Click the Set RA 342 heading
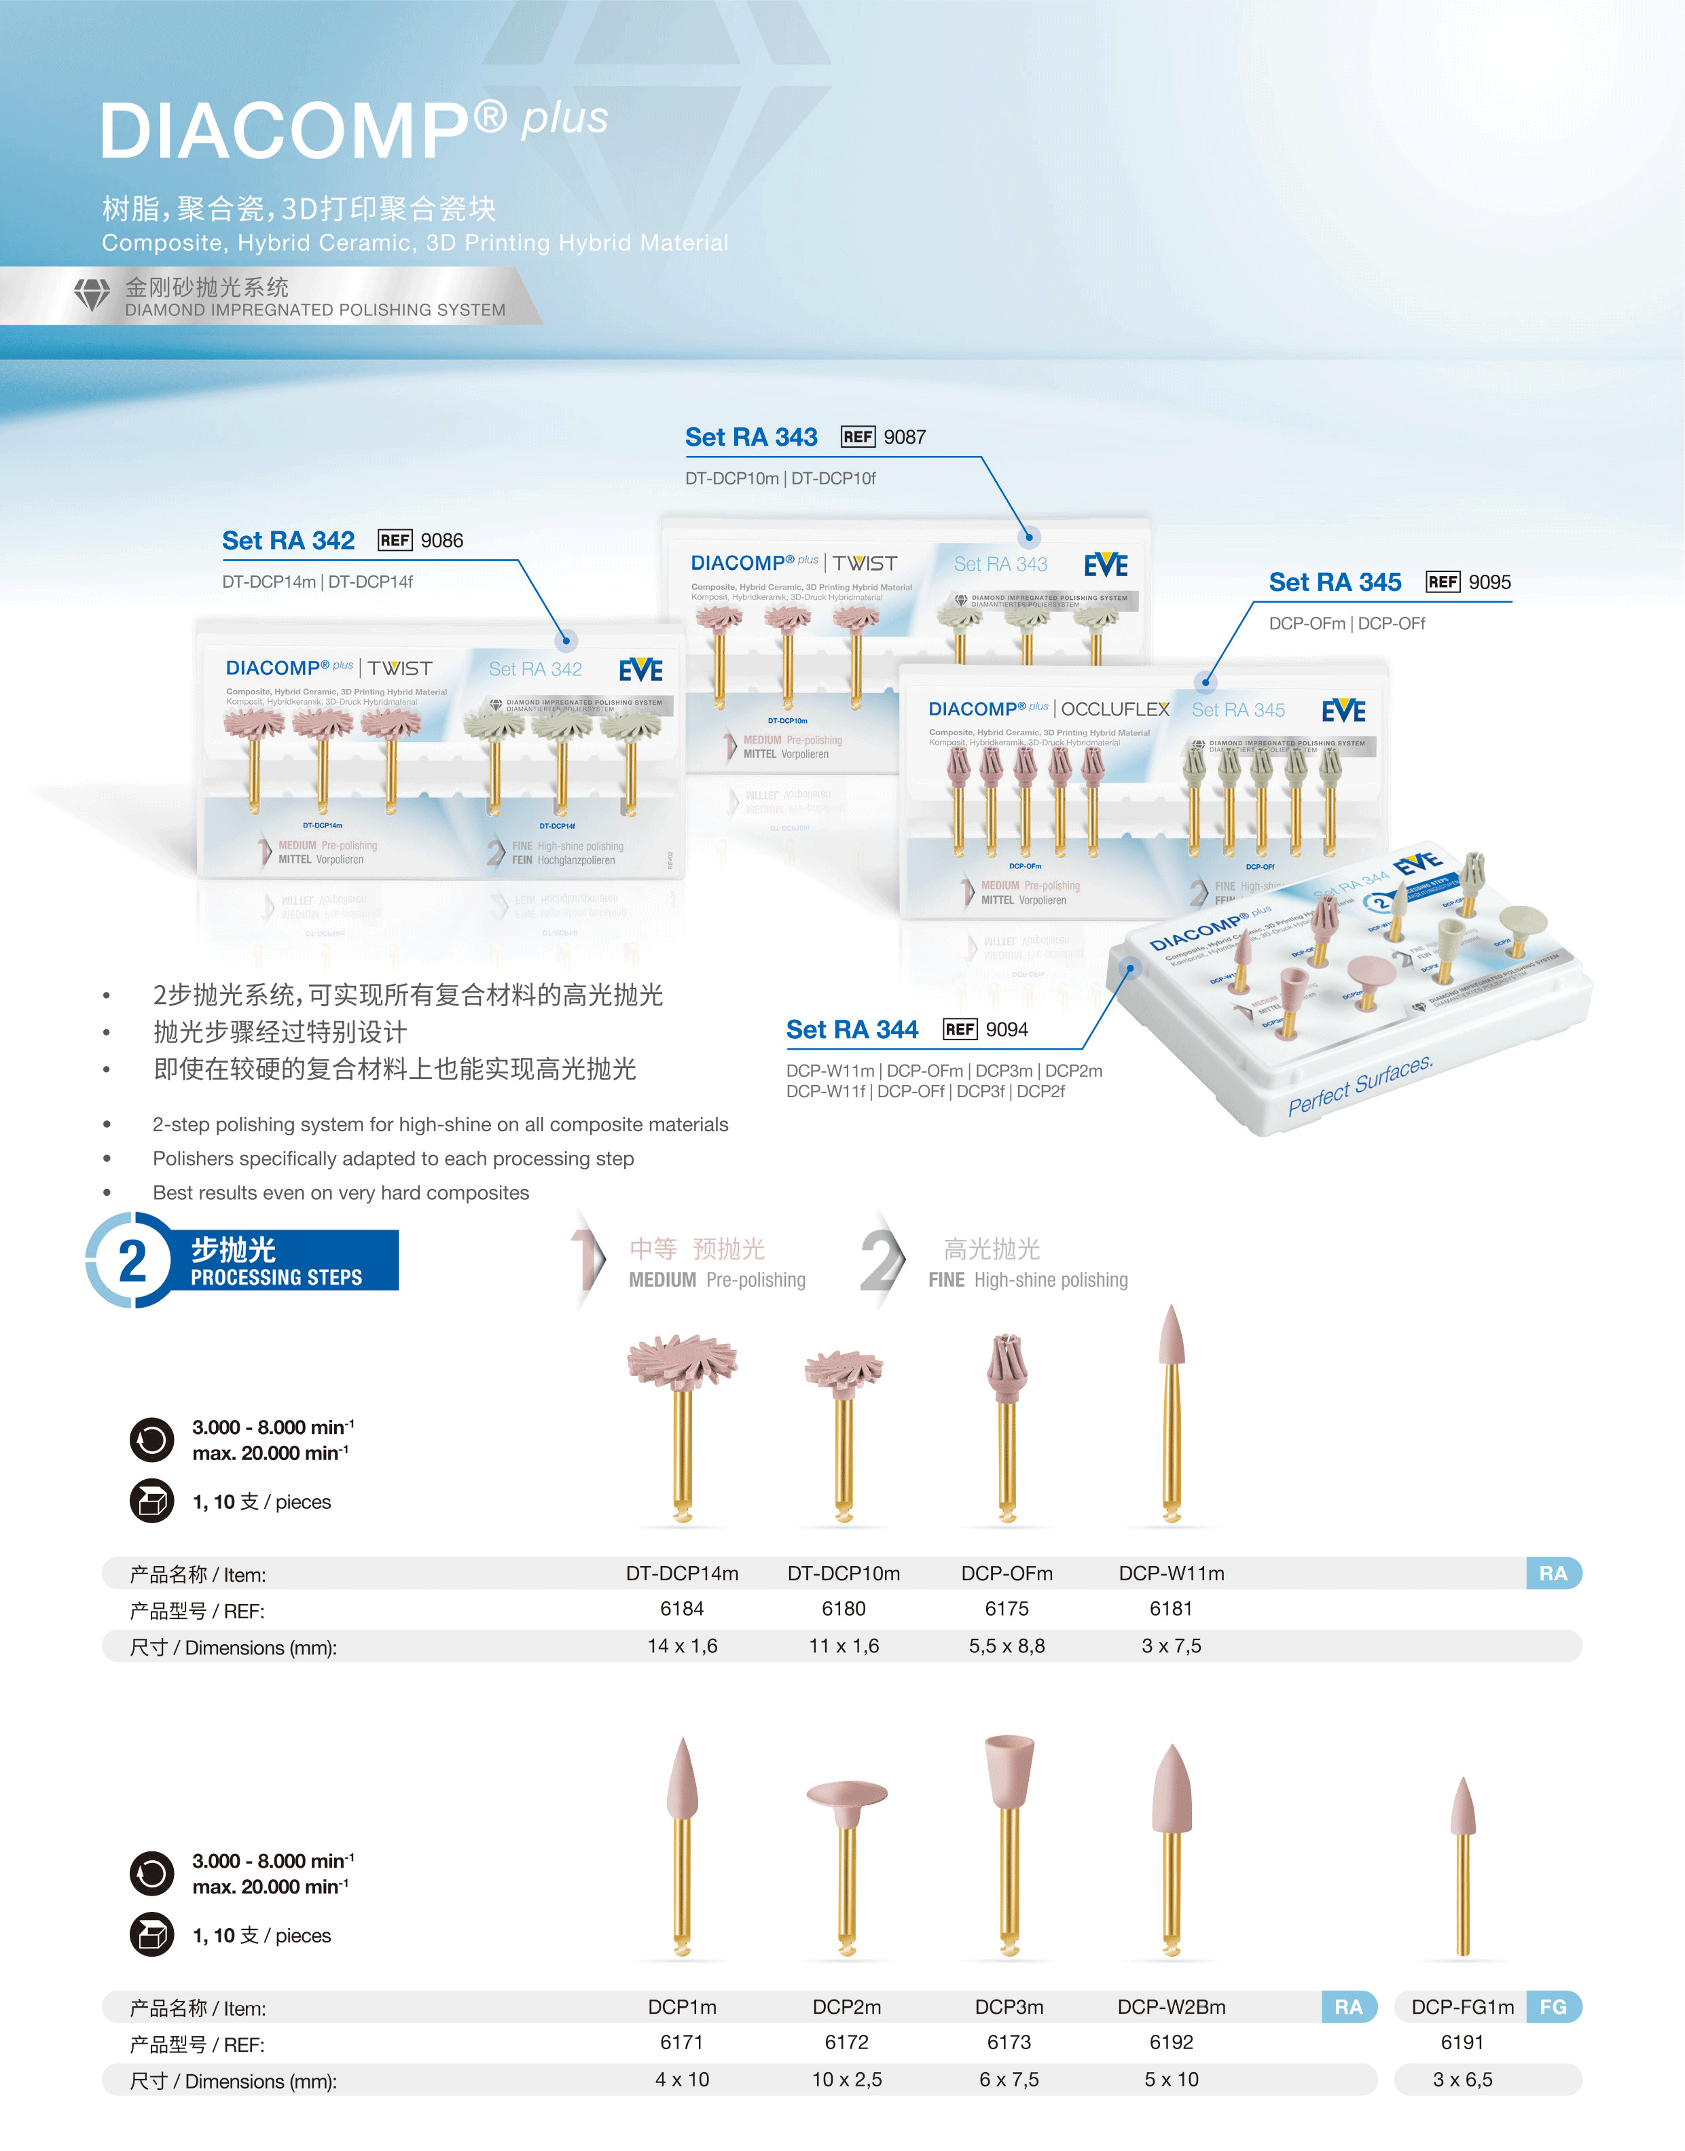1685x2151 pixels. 288,541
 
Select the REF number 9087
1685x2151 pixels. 905,437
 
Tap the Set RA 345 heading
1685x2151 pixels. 1335,582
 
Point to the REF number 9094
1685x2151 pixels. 1007,1030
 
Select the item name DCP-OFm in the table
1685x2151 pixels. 1007,1574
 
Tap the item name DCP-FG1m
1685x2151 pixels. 1462,2007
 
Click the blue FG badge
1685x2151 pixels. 1553,2007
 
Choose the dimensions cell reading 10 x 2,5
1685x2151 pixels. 846,2079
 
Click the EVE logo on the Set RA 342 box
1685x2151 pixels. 641,671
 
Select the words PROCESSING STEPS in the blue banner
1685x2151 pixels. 276,1278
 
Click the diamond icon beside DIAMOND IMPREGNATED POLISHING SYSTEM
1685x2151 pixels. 92,295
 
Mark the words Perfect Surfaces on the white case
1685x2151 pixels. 1360,1086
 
